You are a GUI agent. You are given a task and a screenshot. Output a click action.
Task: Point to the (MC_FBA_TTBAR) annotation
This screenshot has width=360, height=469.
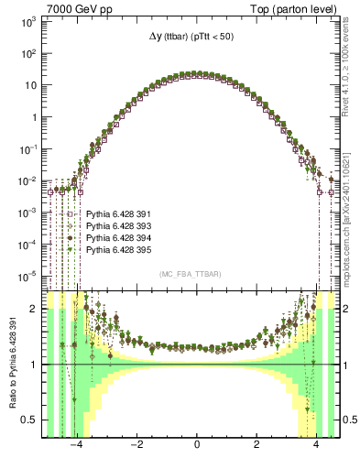(x=196, y=274)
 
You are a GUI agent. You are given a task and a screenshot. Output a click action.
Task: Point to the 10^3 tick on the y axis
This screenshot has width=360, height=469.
(x=29, y=21)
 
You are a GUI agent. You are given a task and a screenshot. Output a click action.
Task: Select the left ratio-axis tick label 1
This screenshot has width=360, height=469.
(x=35, y=365)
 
